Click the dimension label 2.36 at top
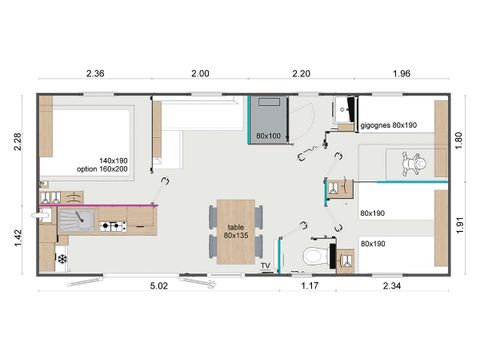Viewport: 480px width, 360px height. pos(96,74)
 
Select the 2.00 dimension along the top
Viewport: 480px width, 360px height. pos(201,74)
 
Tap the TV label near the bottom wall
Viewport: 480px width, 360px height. pos(266,266)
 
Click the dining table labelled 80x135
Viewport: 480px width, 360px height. pos(237,232)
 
